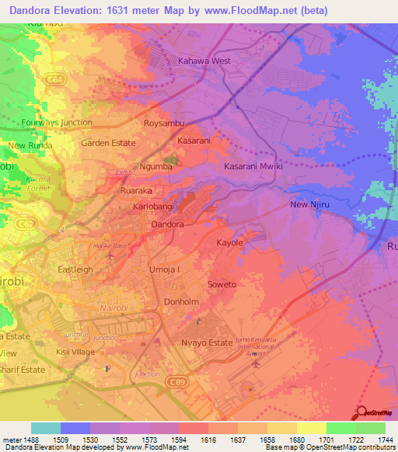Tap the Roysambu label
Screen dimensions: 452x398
[x=163, y=123]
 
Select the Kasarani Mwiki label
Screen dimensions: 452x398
[x=253, y=167]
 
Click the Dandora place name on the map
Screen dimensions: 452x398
[x=166, y=224]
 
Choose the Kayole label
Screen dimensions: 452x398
[x=229, y=243]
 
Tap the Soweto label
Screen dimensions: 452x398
[x=222, y=284]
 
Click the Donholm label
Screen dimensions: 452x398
[x=183, y=302]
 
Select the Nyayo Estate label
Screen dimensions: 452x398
[x=206, y=342]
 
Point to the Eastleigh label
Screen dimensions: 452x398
[x=75, y=269]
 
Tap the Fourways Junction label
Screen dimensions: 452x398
[x=58, y=123]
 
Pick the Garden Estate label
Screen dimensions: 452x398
[x=108, y=143]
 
